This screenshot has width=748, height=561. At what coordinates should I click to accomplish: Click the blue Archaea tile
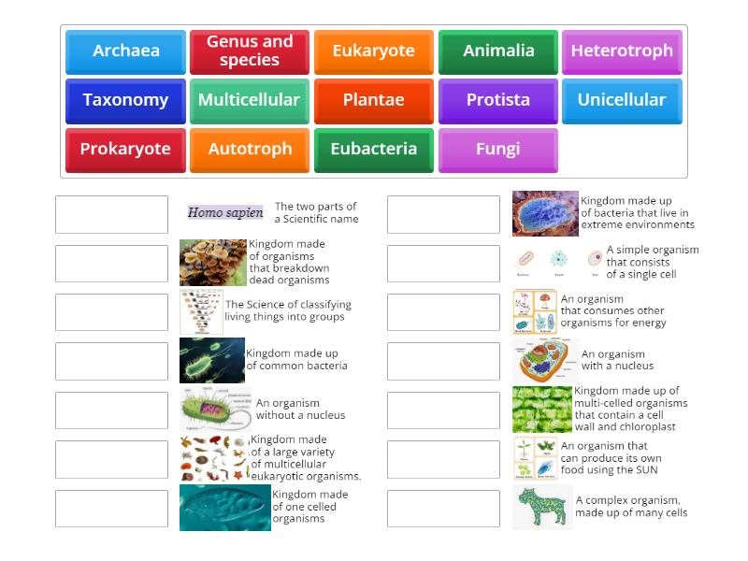[x=125, y=51]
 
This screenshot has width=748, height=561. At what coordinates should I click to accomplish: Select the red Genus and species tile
[x=250, y=51]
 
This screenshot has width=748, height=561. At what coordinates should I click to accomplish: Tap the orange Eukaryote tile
[x=373, y=51]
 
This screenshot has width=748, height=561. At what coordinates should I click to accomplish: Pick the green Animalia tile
[x=498, y=51]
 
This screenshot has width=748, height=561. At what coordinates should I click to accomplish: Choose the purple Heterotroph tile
[x=622, y=51]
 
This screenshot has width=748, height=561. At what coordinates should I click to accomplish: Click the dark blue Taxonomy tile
[x=125, y=100]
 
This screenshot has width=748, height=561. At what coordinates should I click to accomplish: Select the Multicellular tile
[x=250, y=100]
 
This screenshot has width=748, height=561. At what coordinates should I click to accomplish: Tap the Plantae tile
[x=373, y=100]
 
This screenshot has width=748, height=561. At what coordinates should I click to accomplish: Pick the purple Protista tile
[x=498, y=100]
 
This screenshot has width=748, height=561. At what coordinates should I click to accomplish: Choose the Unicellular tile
[x=622, y=100]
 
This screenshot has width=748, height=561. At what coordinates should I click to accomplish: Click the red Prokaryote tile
[x=125, y=150]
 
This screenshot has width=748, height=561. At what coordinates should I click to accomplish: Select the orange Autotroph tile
[x=250, y=150]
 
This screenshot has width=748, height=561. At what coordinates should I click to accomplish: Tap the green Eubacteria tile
[x=373, y=150]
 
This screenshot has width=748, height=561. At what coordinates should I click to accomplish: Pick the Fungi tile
[x=498, y=150]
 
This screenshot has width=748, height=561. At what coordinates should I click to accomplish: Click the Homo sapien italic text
[x=225, y=213]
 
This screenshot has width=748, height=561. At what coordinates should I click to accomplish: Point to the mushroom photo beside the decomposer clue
[x=213, y=263]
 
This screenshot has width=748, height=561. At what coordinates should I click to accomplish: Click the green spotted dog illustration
[x=542, y=508]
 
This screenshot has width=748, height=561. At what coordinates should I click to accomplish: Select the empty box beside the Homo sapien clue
[x=111, y=214]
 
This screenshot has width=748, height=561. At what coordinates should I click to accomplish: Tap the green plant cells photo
[x=541, y=410]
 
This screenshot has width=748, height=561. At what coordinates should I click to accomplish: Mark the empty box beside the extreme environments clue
[x=443, y=214]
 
